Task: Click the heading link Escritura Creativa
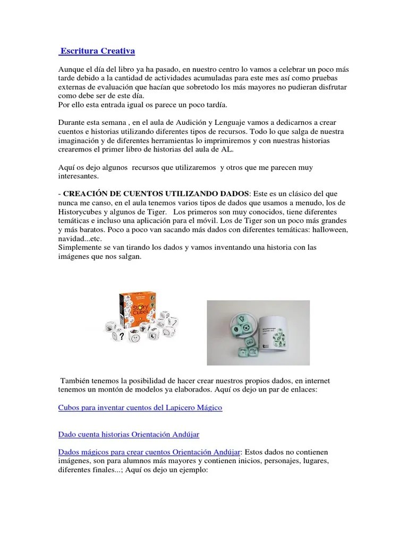coord(98,51)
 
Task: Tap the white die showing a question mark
coord(122,335)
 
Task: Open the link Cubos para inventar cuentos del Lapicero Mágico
coord(140,407)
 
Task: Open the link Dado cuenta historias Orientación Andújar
coord(129,435)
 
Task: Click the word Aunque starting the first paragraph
coord(72,70)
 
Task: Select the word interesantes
coord(78,175)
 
